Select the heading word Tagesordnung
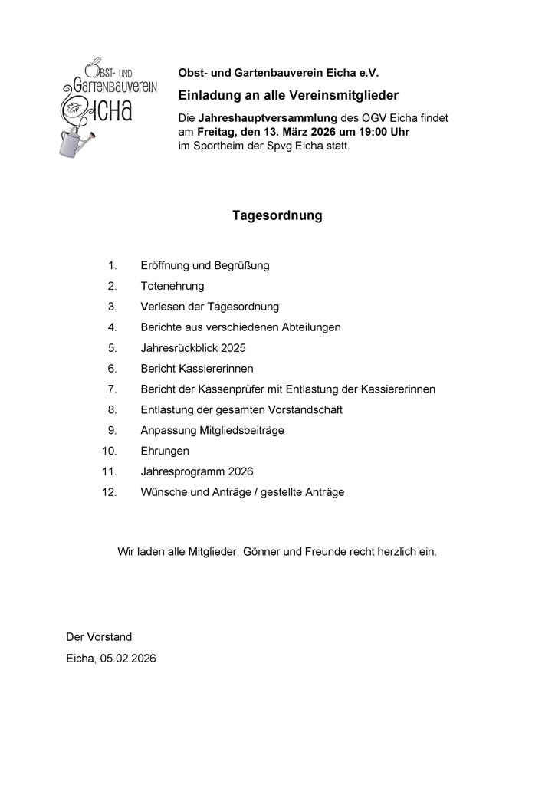click(x=277, y=216)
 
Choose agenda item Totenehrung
click(x=172, y=286)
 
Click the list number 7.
click(x=112, y=389)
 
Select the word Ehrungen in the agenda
click(x=165, y=451)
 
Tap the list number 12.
click(x=109, y=492)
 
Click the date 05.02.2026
click(x=127, y=658)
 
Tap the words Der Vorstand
click(x=99, y=637)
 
